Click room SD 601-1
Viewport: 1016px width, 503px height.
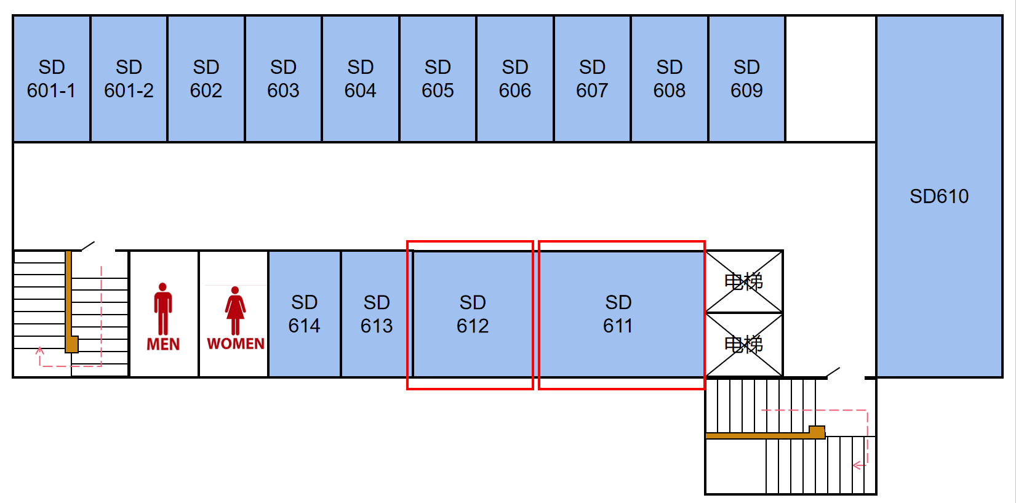(52, 79)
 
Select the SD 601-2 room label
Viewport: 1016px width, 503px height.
(129, 79)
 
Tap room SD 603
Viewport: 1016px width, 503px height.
(283, 79)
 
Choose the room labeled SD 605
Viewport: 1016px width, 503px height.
(438, 79)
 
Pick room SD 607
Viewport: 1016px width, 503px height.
(592, 79)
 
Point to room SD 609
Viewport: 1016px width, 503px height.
(746, 79)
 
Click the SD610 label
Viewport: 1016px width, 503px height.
(939, 196)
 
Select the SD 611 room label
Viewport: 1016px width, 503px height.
(618, 314)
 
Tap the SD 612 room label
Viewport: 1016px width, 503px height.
(473, 314)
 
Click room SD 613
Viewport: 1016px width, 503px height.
(377, 314)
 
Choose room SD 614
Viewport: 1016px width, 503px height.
(304, 314)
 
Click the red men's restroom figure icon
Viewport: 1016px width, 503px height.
(163, 308)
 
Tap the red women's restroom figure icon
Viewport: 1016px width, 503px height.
(235, 310)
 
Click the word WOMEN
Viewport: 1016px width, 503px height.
(236, 344)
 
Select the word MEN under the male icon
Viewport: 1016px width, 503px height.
(163, 344)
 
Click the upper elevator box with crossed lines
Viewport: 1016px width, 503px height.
(743, 282)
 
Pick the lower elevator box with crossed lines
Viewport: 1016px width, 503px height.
(743, 344)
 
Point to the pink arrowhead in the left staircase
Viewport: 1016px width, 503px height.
(40, 351)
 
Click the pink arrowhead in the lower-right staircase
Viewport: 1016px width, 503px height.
(857, 465)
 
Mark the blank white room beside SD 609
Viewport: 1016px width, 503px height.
(831, 79)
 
